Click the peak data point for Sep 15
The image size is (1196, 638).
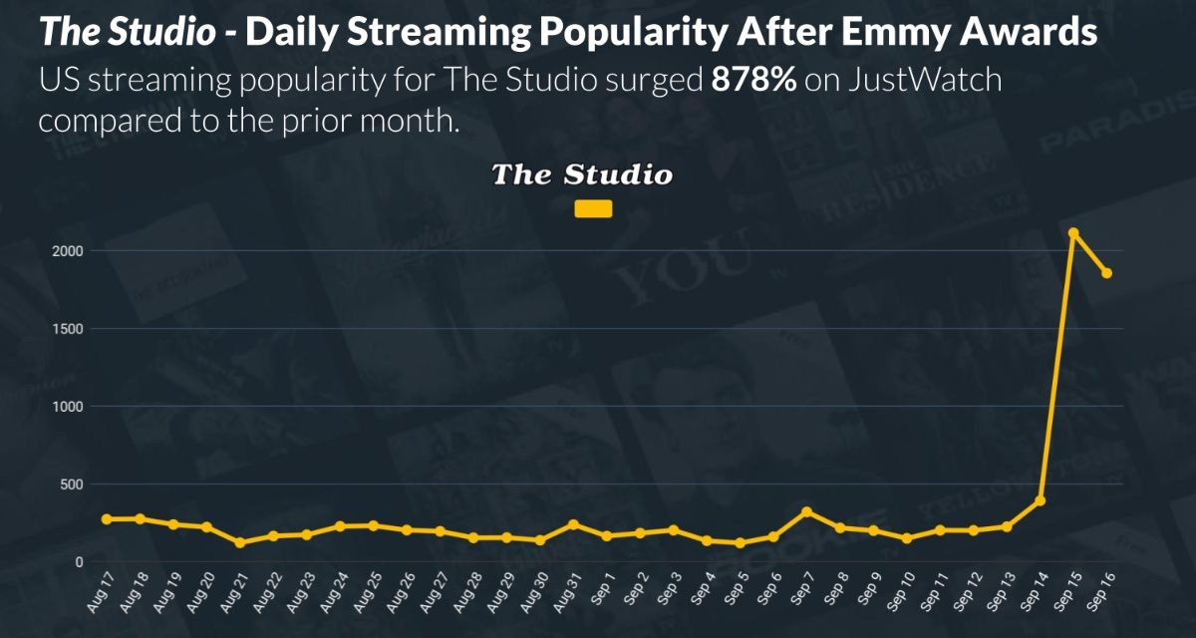pos(1073,232)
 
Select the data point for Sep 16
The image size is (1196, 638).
pos(1106,273)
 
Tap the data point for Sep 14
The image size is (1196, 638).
pos(1040,500)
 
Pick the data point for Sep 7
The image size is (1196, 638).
pos(806,511)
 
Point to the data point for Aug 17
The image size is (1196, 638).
pos(107,519)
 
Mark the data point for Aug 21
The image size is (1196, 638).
pos(240,542)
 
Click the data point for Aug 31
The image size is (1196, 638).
pos(573,524)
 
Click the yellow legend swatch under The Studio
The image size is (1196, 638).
pos(594,209)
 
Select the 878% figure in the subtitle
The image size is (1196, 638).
pos(752,81)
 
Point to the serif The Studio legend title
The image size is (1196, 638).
pos(582,175)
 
